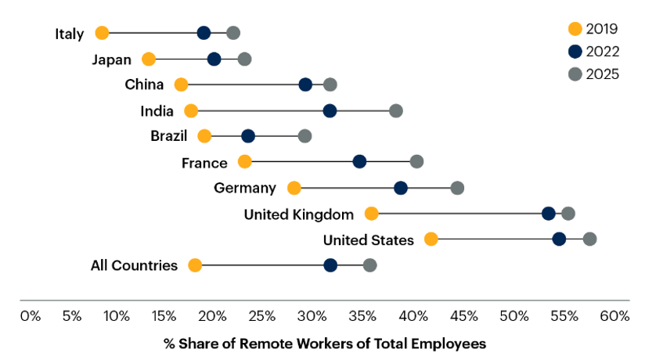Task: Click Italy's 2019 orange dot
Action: (x=102, y=33)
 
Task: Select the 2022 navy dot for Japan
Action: (x=214, y=59)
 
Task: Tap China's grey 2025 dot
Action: (x=330, y=85)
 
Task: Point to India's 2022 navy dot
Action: (x=330, y=110)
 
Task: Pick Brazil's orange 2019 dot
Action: (x=204, y=136)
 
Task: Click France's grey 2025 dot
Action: (x=416, y=162)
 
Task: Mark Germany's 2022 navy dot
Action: (x=401, y=188)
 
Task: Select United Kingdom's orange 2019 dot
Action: (x=372, y=214)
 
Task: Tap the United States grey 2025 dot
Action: (x=589, y=239)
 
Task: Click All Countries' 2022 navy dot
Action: (x=330, y=265)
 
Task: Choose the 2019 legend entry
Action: (x=593, y=29)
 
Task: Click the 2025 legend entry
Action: (x=593, y=74)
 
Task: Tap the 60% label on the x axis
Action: (x=614, y=316)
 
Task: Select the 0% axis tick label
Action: (x=30, y=316)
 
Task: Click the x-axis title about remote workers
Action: (x=325, y=344)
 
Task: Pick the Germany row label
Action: (x=245, y=188)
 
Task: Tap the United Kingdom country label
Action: (x=299, y=214)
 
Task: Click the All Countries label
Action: (x=135, y=265)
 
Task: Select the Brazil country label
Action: (x=169, y=136)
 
